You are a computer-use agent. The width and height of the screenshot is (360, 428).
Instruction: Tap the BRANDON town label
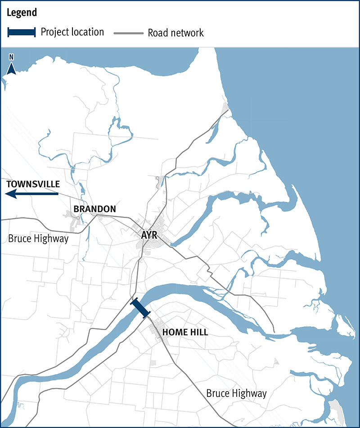[94, 209]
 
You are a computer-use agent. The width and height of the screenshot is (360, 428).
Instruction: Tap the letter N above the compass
[12, 58]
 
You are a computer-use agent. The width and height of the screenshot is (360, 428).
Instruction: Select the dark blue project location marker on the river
[140, 309]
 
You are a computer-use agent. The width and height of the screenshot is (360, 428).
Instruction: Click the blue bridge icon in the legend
[22, 32]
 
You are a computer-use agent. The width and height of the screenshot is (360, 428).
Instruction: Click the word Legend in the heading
[22, 13]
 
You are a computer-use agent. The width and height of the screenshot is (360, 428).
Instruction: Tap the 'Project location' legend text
[72, 32]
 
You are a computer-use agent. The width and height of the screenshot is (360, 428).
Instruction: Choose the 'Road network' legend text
[176, 33]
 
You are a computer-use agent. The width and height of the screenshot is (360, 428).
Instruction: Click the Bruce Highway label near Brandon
[38, 238]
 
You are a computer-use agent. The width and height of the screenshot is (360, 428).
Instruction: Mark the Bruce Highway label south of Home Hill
[236, 393]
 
